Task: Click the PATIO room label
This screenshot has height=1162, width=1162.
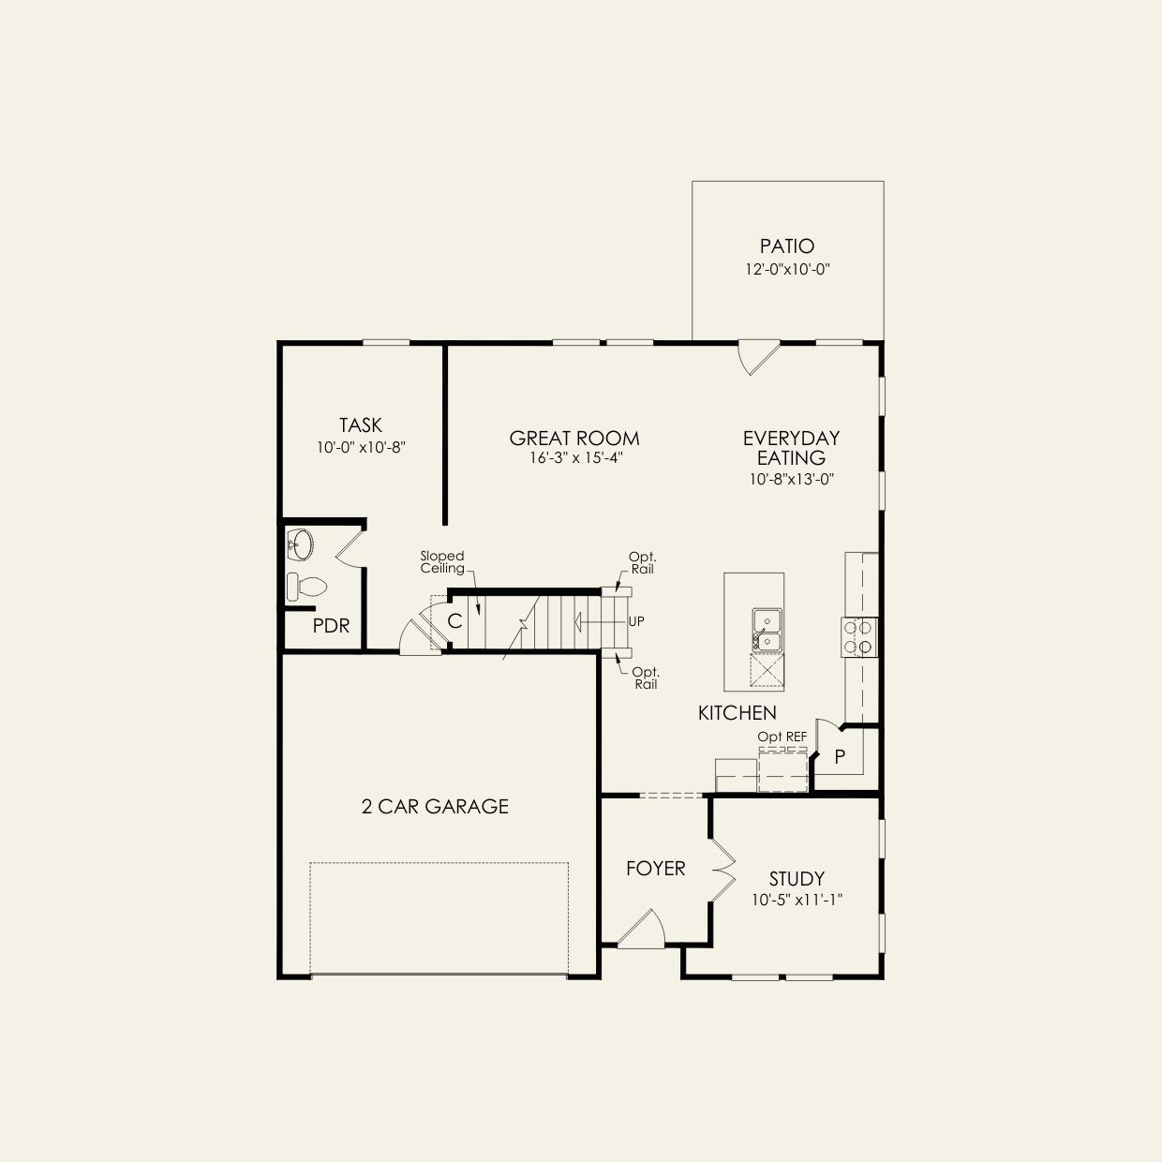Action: tap(787, 246)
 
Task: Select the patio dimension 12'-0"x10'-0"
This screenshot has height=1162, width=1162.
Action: tap(787, 269)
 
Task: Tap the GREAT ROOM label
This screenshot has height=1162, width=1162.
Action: tap(574, 438)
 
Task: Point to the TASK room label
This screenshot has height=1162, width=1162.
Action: tap(361, 425)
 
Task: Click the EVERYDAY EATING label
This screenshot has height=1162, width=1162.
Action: tap(791, 448)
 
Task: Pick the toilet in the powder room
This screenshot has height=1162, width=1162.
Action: tap(306, 587)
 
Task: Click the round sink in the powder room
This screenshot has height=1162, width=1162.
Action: tap(301, 543)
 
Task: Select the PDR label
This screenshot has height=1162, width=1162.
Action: tap(331, 626)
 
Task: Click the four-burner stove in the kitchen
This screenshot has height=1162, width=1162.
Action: tap(859, 636)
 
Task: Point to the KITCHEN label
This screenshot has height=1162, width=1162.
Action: tap(737, 713)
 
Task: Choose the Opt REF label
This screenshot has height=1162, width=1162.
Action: tap(782, 737)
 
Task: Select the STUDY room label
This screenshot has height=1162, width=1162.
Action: tap(797, 878)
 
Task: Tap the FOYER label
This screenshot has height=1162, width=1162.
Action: tap(655, 869)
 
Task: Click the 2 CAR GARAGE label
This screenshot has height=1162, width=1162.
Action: tap(435, 806)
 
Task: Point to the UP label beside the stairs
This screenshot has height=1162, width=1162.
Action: tap(636, 621)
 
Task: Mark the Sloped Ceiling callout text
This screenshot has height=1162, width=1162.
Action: tap(442, 562)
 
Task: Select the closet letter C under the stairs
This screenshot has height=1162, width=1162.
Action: tap(454, 621)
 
